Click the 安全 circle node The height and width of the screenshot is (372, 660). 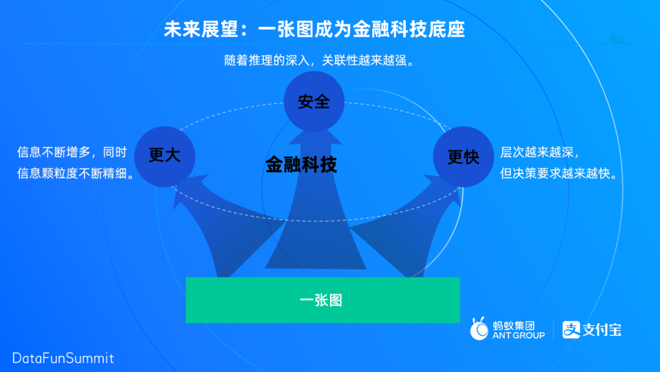click(314, 102)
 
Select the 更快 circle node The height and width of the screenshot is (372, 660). click(463, 157)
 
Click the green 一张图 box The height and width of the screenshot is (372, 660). click(322, 300)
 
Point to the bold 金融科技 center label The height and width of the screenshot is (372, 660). click(301, 165)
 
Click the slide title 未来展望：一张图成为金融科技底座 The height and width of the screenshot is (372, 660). click(314, 29)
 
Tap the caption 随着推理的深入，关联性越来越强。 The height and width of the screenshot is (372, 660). click(320, 62)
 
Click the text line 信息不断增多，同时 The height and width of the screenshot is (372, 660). click(72, 152)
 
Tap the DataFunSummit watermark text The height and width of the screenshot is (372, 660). click(63, 358)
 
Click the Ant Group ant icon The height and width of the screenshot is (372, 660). click(480, 329)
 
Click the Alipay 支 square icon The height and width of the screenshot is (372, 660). click(571, 330)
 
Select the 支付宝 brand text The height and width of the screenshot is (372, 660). click(602, 330)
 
